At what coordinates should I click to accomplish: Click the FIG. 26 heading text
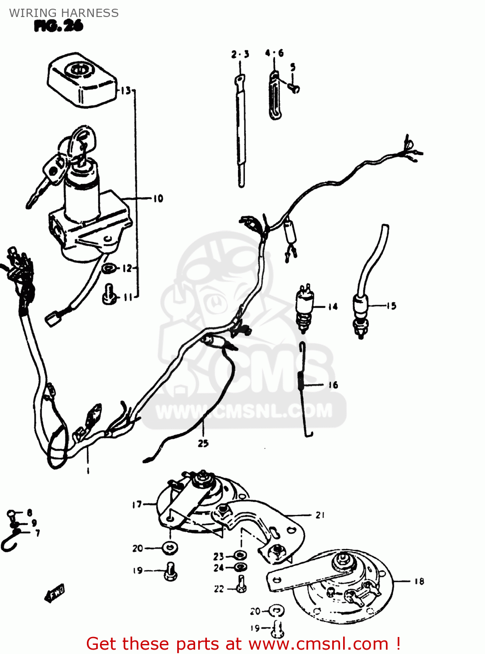click(58, 27)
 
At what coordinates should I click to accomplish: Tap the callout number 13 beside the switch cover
click(125, 91)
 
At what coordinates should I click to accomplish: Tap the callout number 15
click(391, 306)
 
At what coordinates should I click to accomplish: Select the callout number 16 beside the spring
click(333, 385)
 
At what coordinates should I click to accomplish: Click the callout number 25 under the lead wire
click(203, 443)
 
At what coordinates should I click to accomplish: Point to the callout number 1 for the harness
click(88, 470)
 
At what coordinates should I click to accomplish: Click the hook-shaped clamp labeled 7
click(10, 541)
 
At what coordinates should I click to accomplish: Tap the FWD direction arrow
click(55, 594)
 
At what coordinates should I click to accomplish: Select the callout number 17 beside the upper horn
click(137, 504)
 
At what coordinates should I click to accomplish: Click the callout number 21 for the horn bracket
click(320, 515)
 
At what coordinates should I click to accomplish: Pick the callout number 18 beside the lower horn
click(419, 581)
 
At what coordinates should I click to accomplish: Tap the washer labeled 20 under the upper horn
click(170, 548)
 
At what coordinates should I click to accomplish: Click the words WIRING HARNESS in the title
click(64, 13)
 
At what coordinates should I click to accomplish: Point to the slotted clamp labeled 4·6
click(275, 96)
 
